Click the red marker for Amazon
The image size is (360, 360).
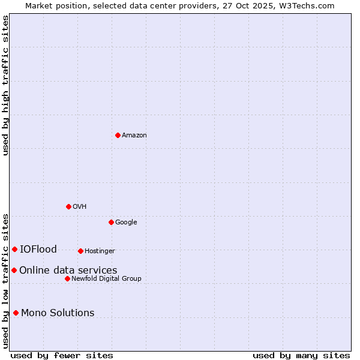[x=118, y=135]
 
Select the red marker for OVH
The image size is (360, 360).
[x=68, y=206]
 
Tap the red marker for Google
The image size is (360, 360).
[x=111, y=222]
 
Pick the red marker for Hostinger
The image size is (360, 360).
[x=80, y=251]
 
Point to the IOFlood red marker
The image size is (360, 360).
[x=14, y=249]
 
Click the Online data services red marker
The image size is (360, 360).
[x=14, y=270]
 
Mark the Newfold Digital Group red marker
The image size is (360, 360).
[x=67, y=278]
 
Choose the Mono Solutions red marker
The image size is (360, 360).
[x=16, y=313]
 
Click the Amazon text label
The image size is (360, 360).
[x=134, y=136]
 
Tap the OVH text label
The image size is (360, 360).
[x=80, y=207]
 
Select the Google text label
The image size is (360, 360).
[x=126, y=223]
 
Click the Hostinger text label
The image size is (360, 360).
[x=100, y=251]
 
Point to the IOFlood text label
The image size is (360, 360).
[x=38, y=250]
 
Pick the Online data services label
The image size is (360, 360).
[x=68, y=271]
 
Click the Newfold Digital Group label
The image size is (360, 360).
[x=106, y=279]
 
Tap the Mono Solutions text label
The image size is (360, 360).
[x=58, y=313]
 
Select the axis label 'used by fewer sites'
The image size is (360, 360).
[x=62, y=355]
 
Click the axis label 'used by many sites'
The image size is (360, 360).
[x=301, y=355]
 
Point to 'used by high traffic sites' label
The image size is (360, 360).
[x=5, y=85]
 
